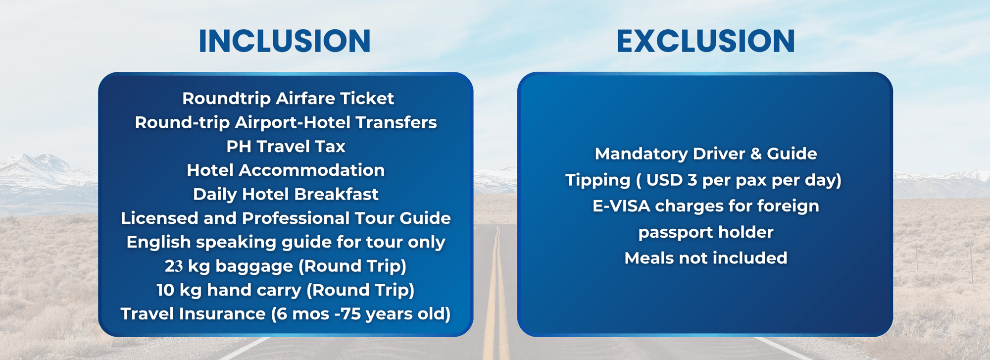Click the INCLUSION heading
coord(285,41)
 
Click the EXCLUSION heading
coord(705,41)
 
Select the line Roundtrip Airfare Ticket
coord(288,99)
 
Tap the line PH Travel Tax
coord(286,147)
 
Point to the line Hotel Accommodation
coord(286,170)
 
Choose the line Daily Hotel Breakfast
coord(286,194)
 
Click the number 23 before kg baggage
coord(174,266)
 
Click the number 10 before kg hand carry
coord(165,290)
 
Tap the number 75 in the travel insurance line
coord(350,314)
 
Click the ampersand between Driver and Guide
coord(756,154)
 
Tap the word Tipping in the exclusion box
coord(598,180)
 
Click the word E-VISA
coord(621,206)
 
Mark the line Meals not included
coord(705,258)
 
